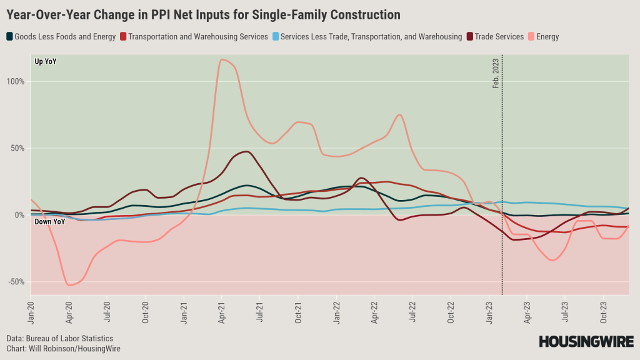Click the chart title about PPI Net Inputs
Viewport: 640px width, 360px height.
click(x=203, y=13)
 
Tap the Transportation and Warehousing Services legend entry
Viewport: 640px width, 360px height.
click(x=194, y=37)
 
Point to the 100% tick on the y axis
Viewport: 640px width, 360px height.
click(x=16, y=81)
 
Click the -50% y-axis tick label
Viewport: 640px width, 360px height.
click(x=16, y=282)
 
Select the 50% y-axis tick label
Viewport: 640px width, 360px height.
click(x=17, y=148)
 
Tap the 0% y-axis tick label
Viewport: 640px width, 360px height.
click(x=19, y=215)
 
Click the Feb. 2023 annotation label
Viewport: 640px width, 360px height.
click(x=496, y=72)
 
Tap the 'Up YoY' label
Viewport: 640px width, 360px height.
click(x=46, y=61)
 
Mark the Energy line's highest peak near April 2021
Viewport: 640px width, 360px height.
click(x=222, y=59)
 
